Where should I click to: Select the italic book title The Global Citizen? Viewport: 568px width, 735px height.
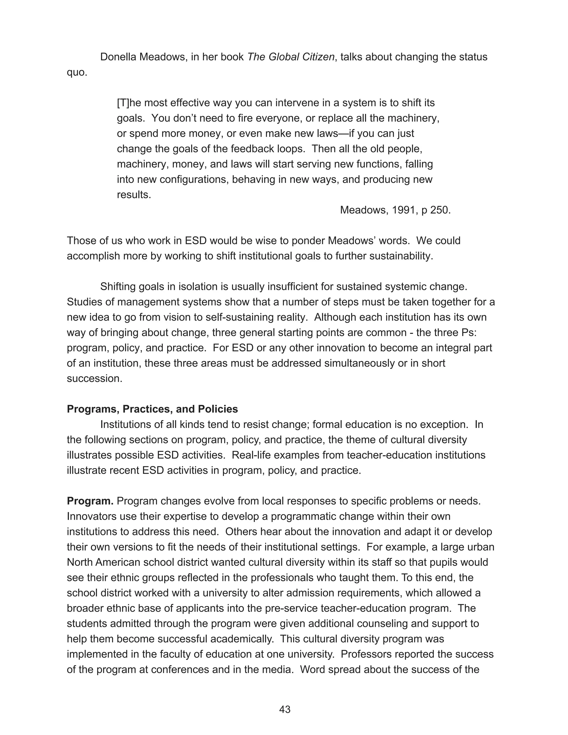click(291, 57)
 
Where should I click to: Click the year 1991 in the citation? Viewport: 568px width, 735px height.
click(405, 210)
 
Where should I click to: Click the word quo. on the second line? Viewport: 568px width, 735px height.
click(77, 72)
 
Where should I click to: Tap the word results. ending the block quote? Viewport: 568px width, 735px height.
click(134, 194)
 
